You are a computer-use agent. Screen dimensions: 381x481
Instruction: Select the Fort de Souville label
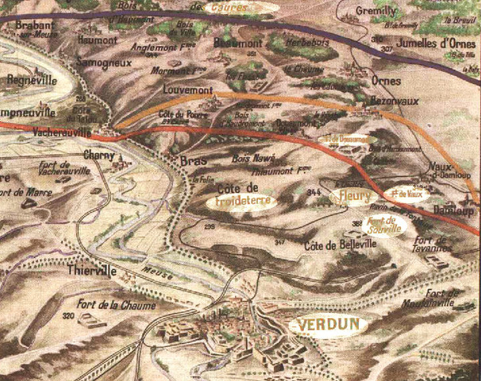pos(386,224)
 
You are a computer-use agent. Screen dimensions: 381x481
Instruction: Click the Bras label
pos(193,161)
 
